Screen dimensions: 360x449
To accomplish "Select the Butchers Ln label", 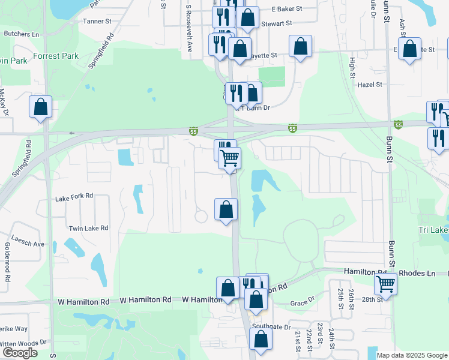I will tap(21, 34).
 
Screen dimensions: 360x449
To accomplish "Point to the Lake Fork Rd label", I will tap(74, 196).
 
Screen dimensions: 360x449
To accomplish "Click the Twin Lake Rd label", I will tap(88, 228).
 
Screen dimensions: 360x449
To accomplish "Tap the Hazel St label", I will tap(370, 85).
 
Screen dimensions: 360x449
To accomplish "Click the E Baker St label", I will tap(287, 10).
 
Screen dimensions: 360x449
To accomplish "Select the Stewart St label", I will tap(276, 23).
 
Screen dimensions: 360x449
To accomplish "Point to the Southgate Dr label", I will tap(271, 327).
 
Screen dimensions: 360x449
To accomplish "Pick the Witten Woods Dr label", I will tap(23, 343).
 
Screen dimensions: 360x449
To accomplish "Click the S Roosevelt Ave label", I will tap(188, 28).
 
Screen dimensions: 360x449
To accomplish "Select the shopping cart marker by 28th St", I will tap(385, 283).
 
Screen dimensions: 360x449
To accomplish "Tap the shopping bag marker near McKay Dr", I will tap(40, 107).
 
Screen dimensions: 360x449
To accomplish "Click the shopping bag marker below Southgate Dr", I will tap(261, 339).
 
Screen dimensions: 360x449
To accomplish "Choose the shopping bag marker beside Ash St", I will tap(411, 49).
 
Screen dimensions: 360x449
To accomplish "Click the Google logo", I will tap(20, 353).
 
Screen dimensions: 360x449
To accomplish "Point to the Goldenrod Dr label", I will tap(8, 262).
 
